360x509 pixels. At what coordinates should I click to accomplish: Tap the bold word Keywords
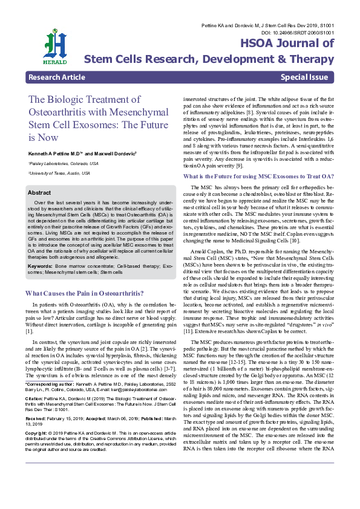40,265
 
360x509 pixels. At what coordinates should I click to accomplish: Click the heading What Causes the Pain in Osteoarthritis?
84,293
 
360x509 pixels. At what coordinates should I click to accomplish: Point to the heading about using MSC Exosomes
258,176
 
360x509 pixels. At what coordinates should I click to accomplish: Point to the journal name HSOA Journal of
287,44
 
